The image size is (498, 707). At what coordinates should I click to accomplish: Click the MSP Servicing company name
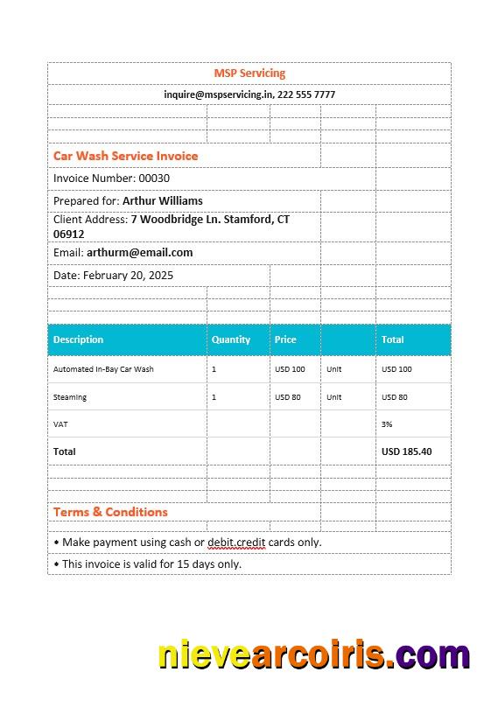pos(249,73)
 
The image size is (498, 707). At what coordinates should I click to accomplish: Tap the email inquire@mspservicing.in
pos(219,94)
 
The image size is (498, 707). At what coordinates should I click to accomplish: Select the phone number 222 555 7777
pos(306,94)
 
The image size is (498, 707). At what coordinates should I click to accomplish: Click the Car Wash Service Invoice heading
pos(125,156)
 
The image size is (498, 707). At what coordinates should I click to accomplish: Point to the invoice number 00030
pos(155,178)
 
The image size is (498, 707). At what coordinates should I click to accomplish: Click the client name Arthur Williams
pos(162,201)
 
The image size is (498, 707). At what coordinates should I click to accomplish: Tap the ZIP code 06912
pos(69,234)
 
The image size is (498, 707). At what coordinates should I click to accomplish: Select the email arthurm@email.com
pos(139,253)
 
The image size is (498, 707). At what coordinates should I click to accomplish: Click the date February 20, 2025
pos(128,275)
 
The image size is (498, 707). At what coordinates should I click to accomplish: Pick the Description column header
pos(78,339)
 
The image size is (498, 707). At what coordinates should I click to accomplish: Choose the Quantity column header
pos(231,339)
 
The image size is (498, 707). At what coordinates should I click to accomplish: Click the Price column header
pos(285,339)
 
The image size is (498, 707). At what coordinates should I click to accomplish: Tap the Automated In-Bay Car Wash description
pos(103,369)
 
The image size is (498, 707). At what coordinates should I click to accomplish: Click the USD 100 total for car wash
pos(396,369)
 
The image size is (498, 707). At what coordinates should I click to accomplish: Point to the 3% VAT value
pos(387,424)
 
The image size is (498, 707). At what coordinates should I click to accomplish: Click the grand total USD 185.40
pos(406,451)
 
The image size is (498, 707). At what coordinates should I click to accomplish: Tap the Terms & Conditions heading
pos(110,512)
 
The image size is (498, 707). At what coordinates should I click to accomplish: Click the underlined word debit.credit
pos(236,542)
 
